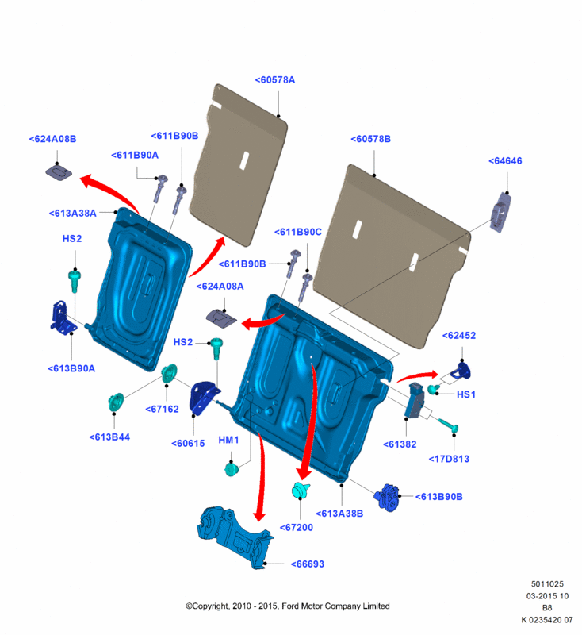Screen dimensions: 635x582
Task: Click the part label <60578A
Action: tap(275, 79)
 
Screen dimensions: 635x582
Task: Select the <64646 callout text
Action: tap(505, 161)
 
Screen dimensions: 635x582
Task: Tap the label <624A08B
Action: tap(52, 139)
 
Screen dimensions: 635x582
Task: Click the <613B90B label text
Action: tap(438, 497)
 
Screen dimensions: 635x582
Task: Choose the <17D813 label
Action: tap(450, 459)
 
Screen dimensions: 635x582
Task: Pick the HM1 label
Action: tap(228, 440)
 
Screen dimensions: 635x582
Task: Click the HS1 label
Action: tap(465, 394)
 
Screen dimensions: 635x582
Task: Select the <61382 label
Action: tap(399, 444)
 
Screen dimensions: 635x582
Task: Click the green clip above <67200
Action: tap(301, 491)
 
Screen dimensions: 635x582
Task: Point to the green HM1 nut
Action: tap(232, 468)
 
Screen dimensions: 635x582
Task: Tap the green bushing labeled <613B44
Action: tap(116, 402)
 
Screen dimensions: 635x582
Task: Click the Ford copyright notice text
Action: tap(288, 606)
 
